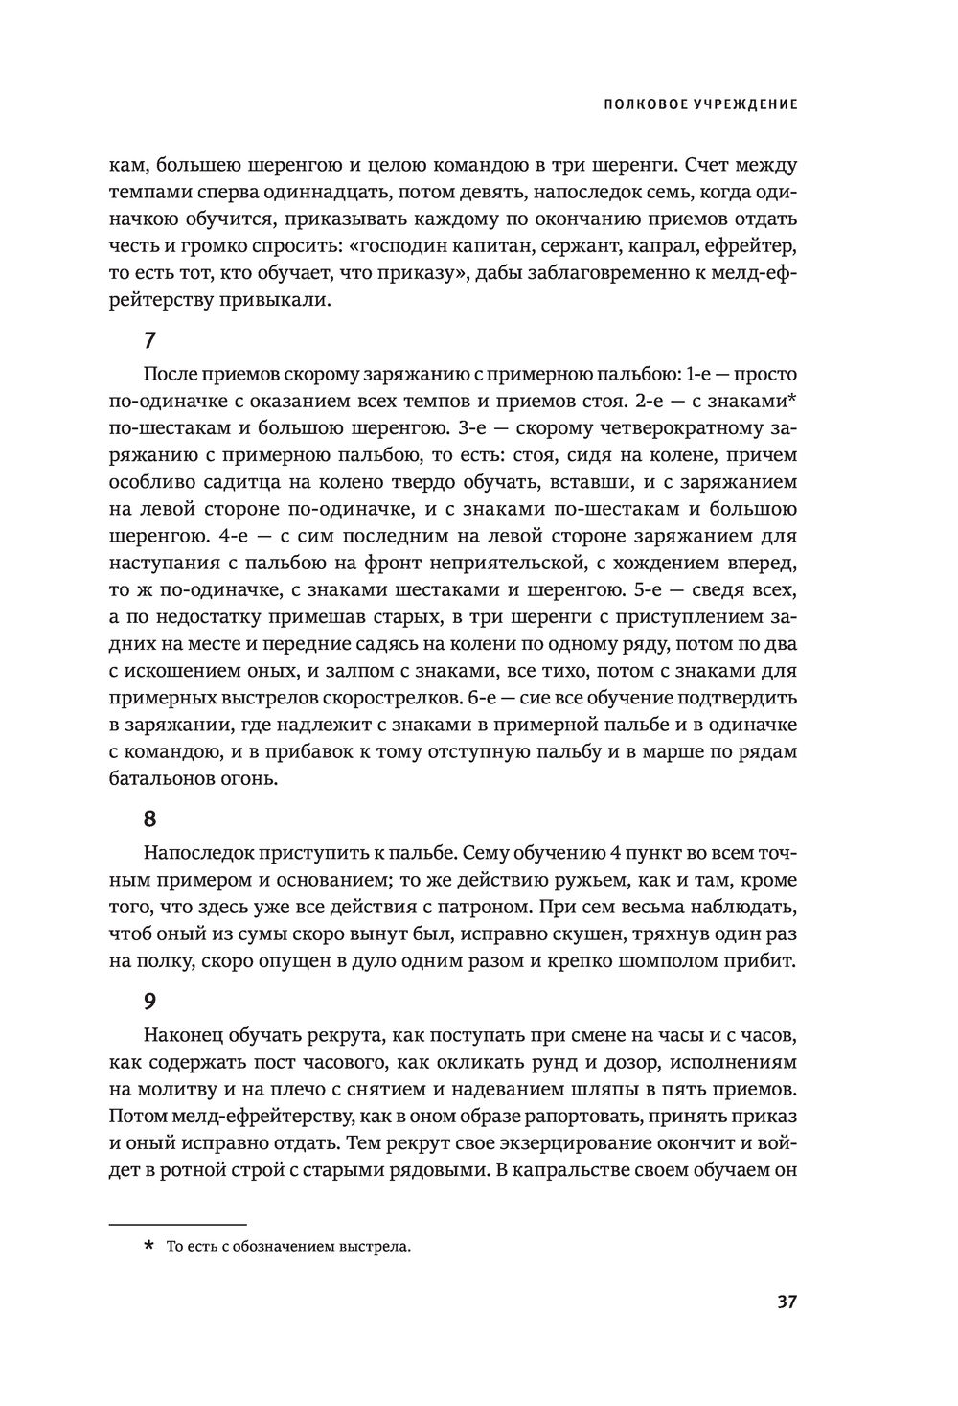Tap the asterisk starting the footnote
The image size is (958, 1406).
click(148, 1247)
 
